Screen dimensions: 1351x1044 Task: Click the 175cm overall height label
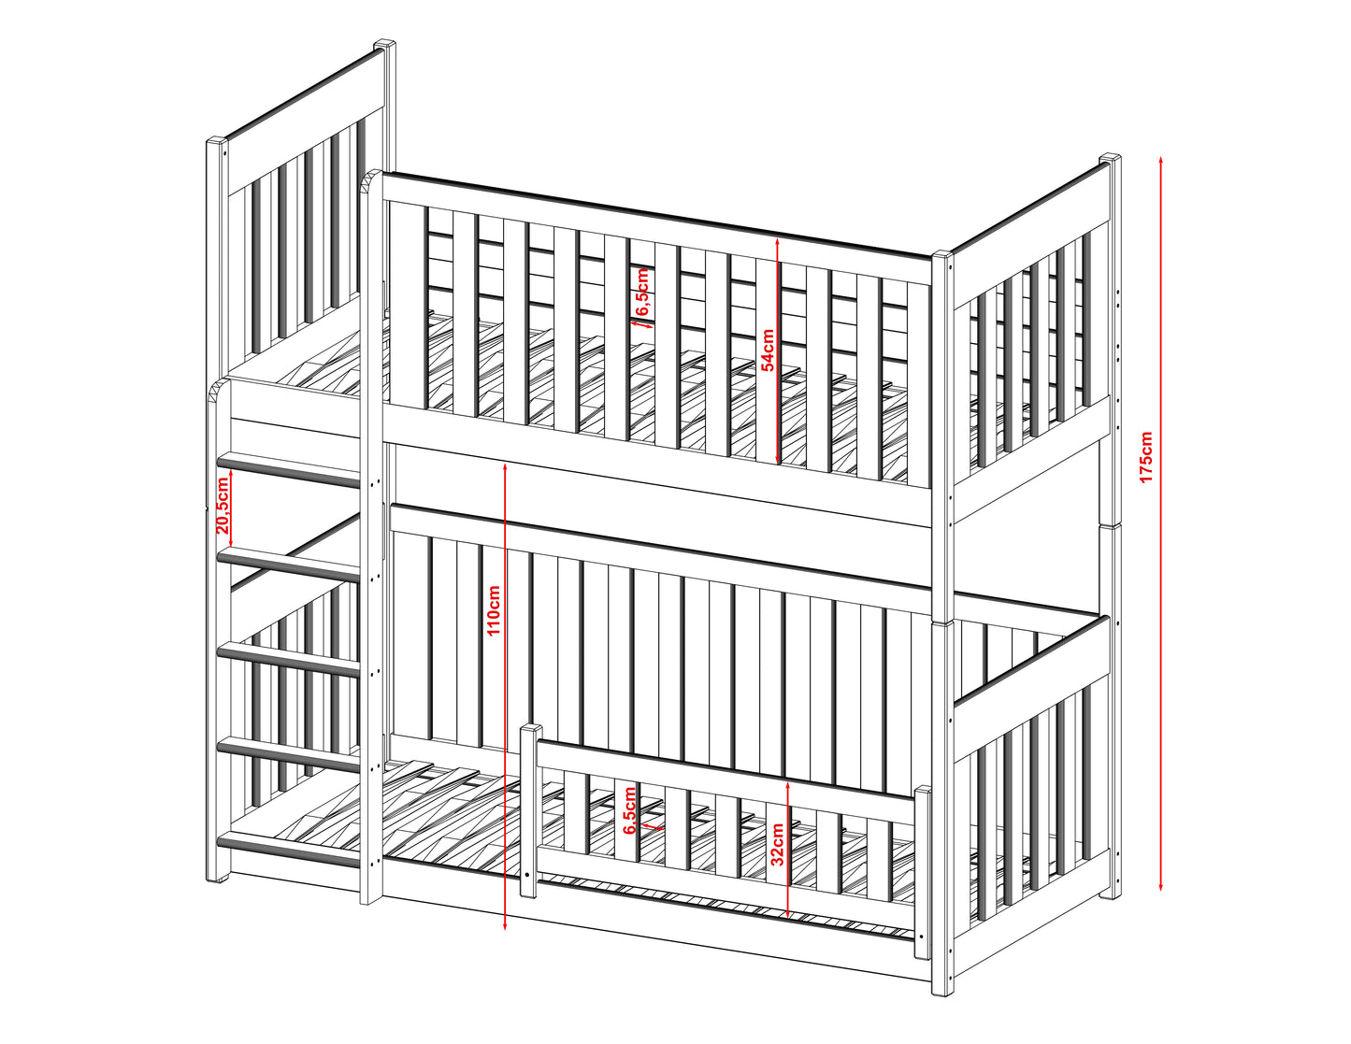pyautogui.click(x=1146, y=457)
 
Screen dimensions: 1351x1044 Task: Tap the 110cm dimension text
pyautogui.click(x=494, y=609)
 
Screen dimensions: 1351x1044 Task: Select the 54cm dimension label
pyautogui.click(x=769, y=350)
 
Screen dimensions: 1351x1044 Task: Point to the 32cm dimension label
pyautogui.click(x=777, y=845)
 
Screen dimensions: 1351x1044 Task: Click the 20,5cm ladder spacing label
pyautogui.click(x=223, y=506)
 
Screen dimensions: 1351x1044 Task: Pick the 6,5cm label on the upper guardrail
pyautogui.click(x=642, y=292)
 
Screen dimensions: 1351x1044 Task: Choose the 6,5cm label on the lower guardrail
pyautogui.click(x=630, y=811)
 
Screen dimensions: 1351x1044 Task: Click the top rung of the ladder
pyautogui.click(x=289, y=469)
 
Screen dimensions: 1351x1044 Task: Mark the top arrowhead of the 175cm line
pyautogui.click(x=1161, y=161)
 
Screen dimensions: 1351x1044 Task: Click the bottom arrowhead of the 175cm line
pyautogui.click(x=1161, y=884)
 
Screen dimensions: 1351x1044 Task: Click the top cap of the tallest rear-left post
pyautogui.click(x=384, y=46)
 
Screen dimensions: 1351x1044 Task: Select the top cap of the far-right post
pyautogui.click(x=1110, y=159)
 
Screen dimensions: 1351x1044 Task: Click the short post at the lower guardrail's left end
pyautogui.click(x=527, y=810)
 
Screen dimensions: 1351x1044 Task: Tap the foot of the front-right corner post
pyautogui.click(x=942, y=988)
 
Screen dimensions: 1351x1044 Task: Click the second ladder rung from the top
pyautogui.click(x=289, y=565)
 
